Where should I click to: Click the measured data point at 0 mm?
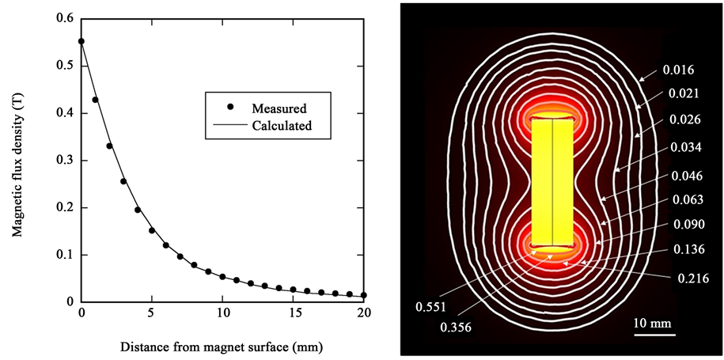click(x=81, y=41)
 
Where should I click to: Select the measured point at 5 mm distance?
click(x=152, y=230)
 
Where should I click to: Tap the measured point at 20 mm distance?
click(x=363, y=294)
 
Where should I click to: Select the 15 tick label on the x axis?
click(x=293, y=313)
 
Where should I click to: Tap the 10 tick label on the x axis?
click(x=222, y=313)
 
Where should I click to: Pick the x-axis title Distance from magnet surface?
click(x=221, y=347)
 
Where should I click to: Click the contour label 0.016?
click(x=677, y=70)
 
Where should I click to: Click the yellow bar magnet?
click(x=552, y=181)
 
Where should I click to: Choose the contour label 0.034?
click(x=684, y=148)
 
